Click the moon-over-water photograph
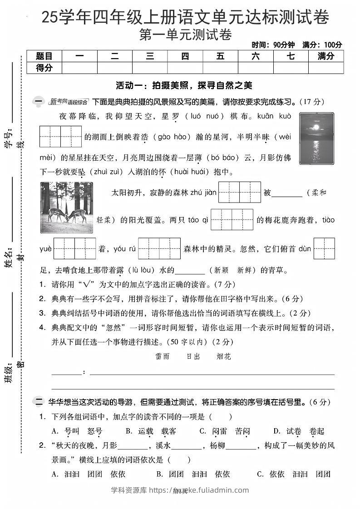coord(316,138)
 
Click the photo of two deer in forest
coord(66,207)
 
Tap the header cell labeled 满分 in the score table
coord(325,56)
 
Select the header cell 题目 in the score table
coord(44,56)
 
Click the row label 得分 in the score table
coord(44,68)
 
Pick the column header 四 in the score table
coord(185,56)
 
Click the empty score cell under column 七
coord(291,68)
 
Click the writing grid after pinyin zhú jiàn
coord(239,192)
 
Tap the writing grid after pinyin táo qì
coord(232,220)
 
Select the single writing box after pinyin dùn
coord(324,248)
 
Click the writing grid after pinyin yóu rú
coord(159,248)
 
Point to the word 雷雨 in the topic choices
coord(162,356)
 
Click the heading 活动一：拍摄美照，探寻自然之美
coord(184,85)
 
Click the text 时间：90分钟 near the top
coord(273,44)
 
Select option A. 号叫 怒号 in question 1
coord(77,431)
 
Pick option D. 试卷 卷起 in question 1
coord(299,431)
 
